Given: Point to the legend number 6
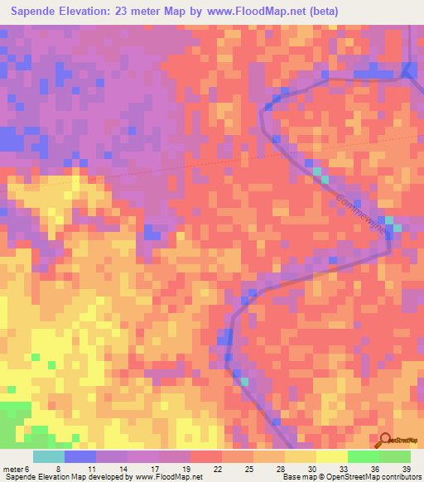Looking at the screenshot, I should click(x=26, y=469).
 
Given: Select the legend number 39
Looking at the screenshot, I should click(x=406, y=469).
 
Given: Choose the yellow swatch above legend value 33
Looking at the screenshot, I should click(x=331, y=456).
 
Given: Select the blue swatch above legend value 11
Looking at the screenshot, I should click(x=80, y=456).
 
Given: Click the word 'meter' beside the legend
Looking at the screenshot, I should click(x=12, y=469).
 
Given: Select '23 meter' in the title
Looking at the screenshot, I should click(x=172, y=12).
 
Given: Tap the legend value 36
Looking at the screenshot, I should click(x=374, y=469).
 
